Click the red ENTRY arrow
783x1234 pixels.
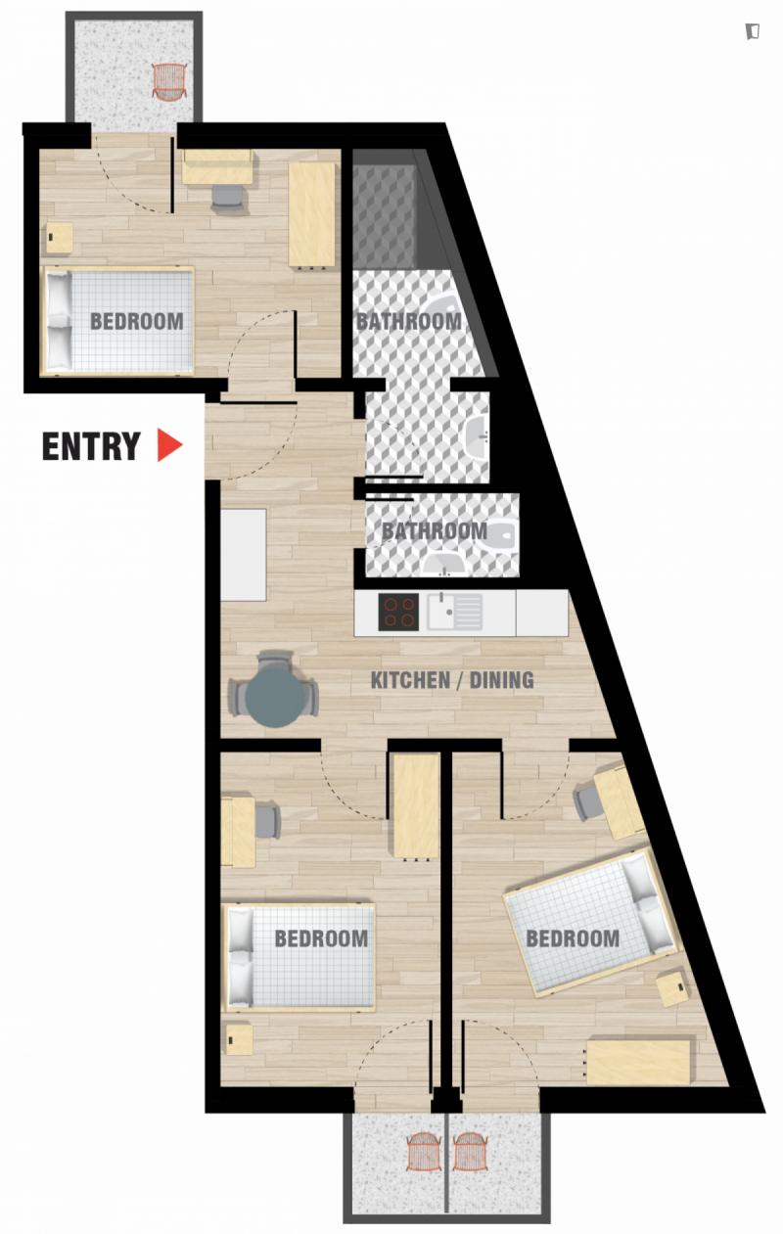[x=168, y=444]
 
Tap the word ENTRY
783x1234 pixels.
[x=91, y=446]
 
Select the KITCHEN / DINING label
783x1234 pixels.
[x=452, y=680]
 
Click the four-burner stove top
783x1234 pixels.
[x=398, y=612]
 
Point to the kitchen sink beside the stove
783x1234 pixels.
[x=455, y=611]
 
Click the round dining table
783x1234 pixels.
[x=275, y=699]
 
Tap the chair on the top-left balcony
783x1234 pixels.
[x=168, y=81]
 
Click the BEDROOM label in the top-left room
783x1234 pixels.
[x=137, y=321]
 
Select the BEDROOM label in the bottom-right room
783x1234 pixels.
[x=573, y=938]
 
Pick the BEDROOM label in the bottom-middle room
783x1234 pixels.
[x=321, y=938]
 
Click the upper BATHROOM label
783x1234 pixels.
[x=408, y=322]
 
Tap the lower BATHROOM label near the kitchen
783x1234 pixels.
[x=435, y=531]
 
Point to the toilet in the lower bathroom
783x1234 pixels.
[x=503, y=533]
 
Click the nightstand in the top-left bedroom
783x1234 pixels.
[x=60, y=238]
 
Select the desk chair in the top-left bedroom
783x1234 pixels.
[x=226, y=197]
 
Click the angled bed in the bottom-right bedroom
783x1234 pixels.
[x=589, y=922]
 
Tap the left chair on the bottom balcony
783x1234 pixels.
[x=424, y=1152]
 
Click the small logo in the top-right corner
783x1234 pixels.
[x=753, y=31]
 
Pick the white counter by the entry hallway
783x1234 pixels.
[x=244, y=555]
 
